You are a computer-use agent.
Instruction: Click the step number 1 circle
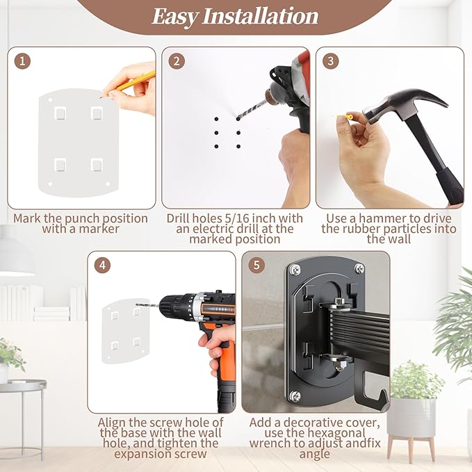(22, 61)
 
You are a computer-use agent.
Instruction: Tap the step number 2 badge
(177, 61)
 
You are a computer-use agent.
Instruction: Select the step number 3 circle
(330, 61)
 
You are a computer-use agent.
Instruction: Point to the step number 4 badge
(102, 266)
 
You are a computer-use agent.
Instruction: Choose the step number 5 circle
(257, 266)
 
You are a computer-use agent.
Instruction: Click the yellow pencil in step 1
(129, 84)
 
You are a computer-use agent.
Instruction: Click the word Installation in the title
(260, 16)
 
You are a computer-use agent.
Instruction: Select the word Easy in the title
(174, 17)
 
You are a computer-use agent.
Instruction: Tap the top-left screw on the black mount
(295, 270)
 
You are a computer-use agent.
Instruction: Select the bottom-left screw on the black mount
(295, 396)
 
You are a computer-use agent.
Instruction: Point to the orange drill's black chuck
(171, 307)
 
